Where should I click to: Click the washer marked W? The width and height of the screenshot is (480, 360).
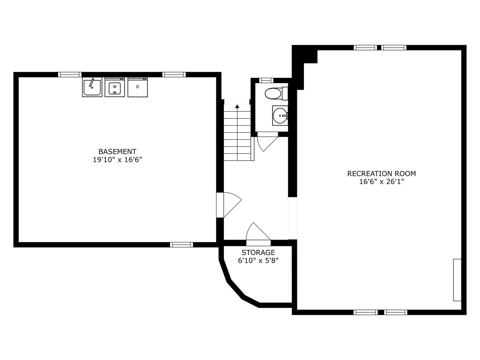115,87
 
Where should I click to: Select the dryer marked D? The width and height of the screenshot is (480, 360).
137,87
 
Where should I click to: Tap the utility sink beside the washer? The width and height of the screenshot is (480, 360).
92,87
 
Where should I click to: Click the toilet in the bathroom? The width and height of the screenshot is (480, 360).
276,94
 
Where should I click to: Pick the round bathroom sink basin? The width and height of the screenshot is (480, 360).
280,115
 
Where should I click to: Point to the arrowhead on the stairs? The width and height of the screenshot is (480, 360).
237,106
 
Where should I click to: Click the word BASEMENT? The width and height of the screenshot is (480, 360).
117,151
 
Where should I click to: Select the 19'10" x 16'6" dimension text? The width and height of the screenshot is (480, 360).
117,160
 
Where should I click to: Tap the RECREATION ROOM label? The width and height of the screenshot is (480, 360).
381,174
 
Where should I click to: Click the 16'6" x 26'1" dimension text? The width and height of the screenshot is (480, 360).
381,181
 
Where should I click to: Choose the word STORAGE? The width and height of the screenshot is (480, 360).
258,253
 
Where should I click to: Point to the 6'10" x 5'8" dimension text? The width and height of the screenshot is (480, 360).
258,260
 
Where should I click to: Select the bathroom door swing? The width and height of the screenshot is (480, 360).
267,142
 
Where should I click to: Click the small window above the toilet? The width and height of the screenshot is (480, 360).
266,80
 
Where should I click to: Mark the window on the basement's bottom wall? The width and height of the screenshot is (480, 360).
181,244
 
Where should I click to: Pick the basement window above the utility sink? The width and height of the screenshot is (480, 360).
70,74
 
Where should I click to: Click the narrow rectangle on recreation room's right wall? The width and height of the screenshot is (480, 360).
457,280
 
